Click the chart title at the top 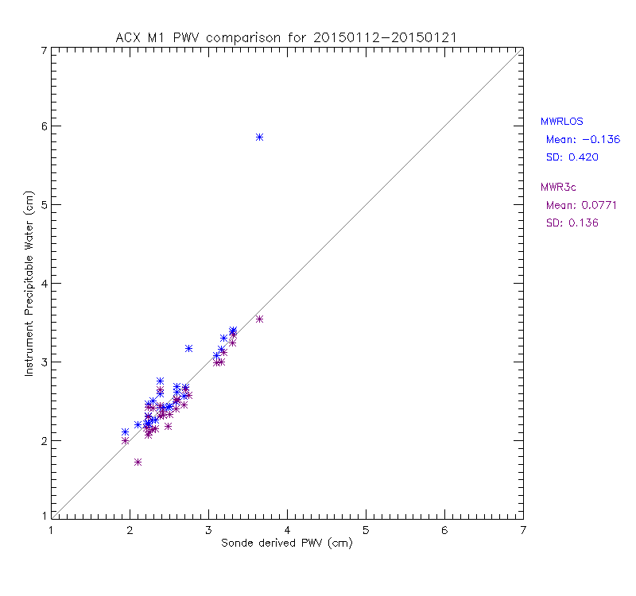[286, 37]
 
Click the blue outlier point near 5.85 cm [259, 137]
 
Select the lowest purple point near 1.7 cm [138, 462]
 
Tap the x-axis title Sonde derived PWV [287, 544]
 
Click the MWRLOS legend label [562, 122]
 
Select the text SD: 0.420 [572, 157]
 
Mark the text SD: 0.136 [572, 223]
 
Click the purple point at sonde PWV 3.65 [259, 319]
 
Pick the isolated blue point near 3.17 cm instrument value [189, 348]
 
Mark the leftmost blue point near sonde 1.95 [125, 432]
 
